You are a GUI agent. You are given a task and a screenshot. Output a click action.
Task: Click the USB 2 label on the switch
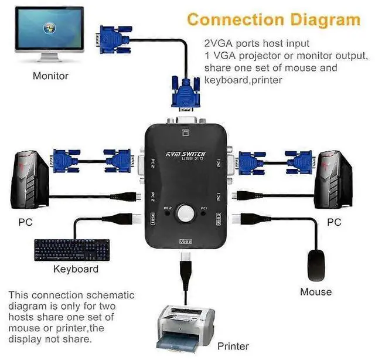pos(185,241)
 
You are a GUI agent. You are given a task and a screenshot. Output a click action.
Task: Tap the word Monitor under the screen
pos(50,76)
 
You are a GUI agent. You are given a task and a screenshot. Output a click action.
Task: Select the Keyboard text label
pos(76,269)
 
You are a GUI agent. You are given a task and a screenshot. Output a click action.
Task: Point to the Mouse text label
pos(316,291)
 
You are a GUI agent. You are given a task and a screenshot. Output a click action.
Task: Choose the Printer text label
pos(233,345)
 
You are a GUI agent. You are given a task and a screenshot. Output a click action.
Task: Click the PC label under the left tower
pos(25,223)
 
